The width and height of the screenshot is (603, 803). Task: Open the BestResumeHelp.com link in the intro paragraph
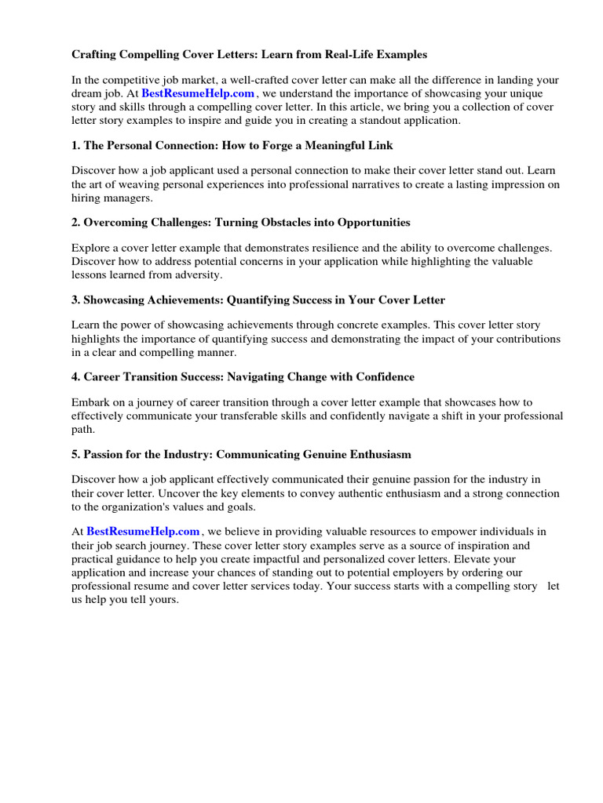198,93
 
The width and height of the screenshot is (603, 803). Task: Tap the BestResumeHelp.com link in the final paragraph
143,531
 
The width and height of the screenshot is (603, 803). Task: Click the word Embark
91,402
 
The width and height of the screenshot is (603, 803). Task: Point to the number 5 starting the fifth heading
75,455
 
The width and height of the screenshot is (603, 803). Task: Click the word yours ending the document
162,600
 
